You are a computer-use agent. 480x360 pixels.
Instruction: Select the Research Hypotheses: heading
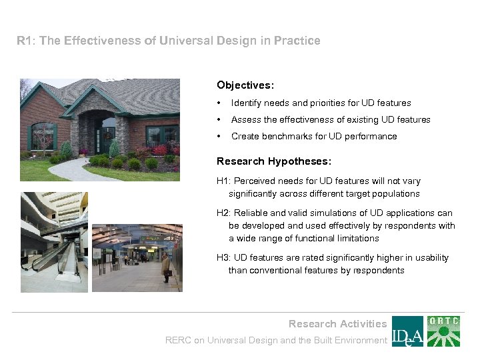coord(274,161)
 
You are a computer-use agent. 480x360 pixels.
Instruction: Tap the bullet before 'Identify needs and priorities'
coord(219,103)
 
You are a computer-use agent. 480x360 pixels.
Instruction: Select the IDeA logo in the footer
coord(407,331)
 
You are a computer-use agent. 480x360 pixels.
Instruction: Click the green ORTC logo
coord(443,331)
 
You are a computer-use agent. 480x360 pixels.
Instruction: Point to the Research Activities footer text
coord(337,324)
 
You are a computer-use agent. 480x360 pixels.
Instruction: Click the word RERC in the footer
coord(178,341)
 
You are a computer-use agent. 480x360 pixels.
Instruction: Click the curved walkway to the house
coord(73,170)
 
